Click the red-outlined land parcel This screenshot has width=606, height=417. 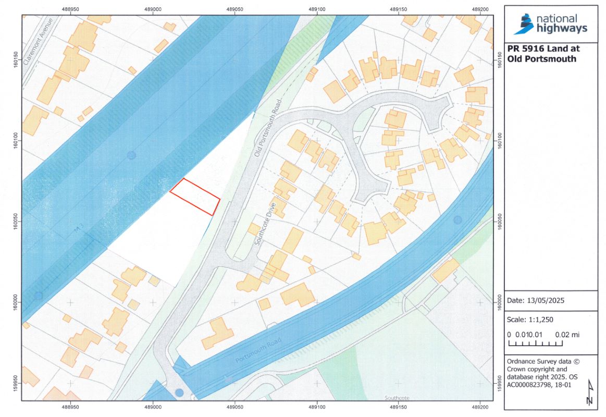click(x=195, y=197)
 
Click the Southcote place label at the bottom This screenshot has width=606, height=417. click(x=397, y=398)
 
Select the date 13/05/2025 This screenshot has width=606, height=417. click(x=536, y=301)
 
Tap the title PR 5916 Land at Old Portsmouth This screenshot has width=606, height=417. click(x=542, y=54)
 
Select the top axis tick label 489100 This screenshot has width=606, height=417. click(x=317, y=9)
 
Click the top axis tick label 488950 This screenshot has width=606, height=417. click(x=70, y=9)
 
